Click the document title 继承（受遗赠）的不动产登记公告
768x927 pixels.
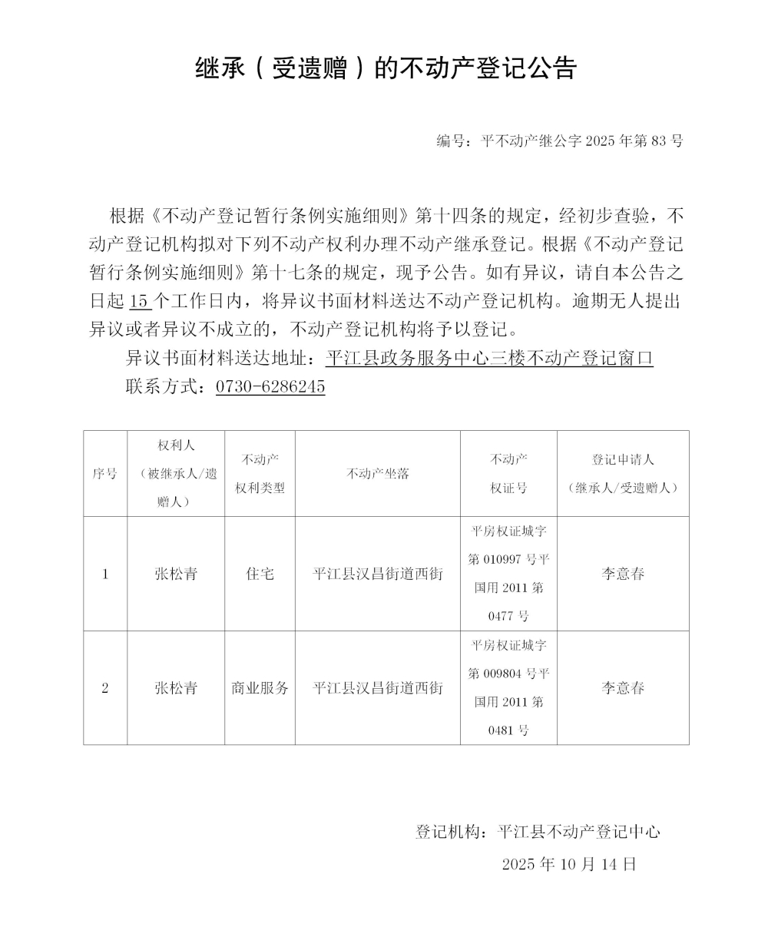(386, 69)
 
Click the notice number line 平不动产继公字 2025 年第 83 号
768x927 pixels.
(581, 141)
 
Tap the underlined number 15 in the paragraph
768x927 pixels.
(139, 301)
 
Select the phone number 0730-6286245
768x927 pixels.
(270, 386)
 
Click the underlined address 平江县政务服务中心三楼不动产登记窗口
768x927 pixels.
(489, 358)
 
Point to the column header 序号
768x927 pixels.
(105, 474)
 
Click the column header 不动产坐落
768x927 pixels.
(378, 474)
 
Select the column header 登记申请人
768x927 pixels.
(623, 460)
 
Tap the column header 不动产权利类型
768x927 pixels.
(260, 474)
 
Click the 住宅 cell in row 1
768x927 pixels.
(260, 574)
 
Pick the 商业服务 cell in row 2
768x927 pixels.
(260, 688)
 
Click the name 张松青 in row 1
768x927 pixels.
(176, 574)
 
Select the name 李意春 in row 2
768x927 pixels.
(623, 688)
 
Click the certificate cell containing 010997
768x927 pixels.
(508, 574)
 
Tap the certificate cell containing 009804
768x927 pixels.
(508, 688)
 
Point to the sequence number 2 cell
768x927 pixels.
(105, 688)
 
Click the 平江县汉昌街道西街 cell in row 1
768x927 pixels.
(378, 574)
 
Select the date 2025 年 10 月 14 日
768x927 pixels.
(569, 864)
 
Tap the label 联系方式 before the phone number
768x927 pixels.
(164, 386)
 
